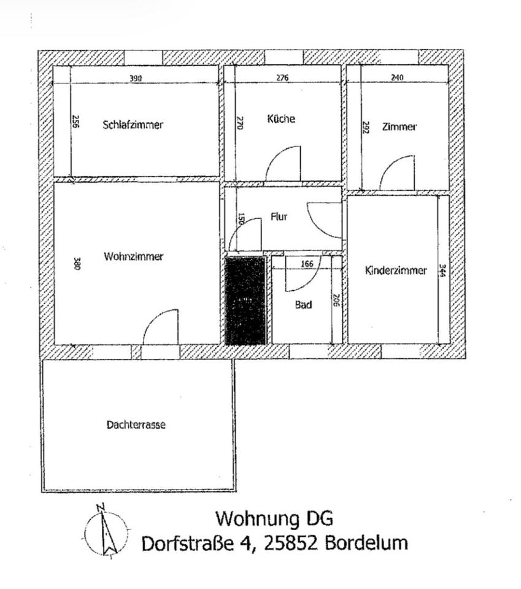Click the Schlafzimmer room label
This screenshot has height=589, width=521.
click(x=133, y=125)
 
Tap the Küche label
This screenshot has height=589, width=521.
click(x=281, y=118)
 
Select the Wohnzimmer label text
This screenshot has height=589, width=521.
click(x=134, y=256)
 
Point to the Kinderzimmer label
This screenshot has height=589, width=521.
click(x=396, y=271)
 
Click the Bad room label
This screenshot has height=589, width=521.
click(x=304, y=304)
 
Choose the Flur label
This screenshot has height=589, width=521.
click(x=279, y=217)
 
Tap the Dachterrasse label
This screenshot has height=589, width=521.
click(x=136, y=425)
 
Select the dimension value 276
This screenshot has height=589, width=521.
click(x=282, y=78)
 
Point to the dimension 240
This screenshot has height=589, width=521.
click(x=397, y=78)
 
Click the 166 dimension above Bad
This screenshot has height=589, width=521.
click(x=307, y=264)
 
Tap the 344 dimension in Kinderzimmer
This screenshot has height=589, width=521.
click(x=442, y=271)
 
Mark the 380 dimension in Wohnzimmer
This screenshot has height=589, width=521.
click(x=76, y=264)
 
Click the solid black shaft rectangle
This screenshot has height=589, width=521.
click(x=245, y=301)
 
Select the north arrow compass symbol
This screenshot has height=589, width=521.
click(x=107, y=530)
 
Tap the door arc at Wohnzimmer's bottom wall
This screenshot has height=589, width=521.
click(x=161, y=327)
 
